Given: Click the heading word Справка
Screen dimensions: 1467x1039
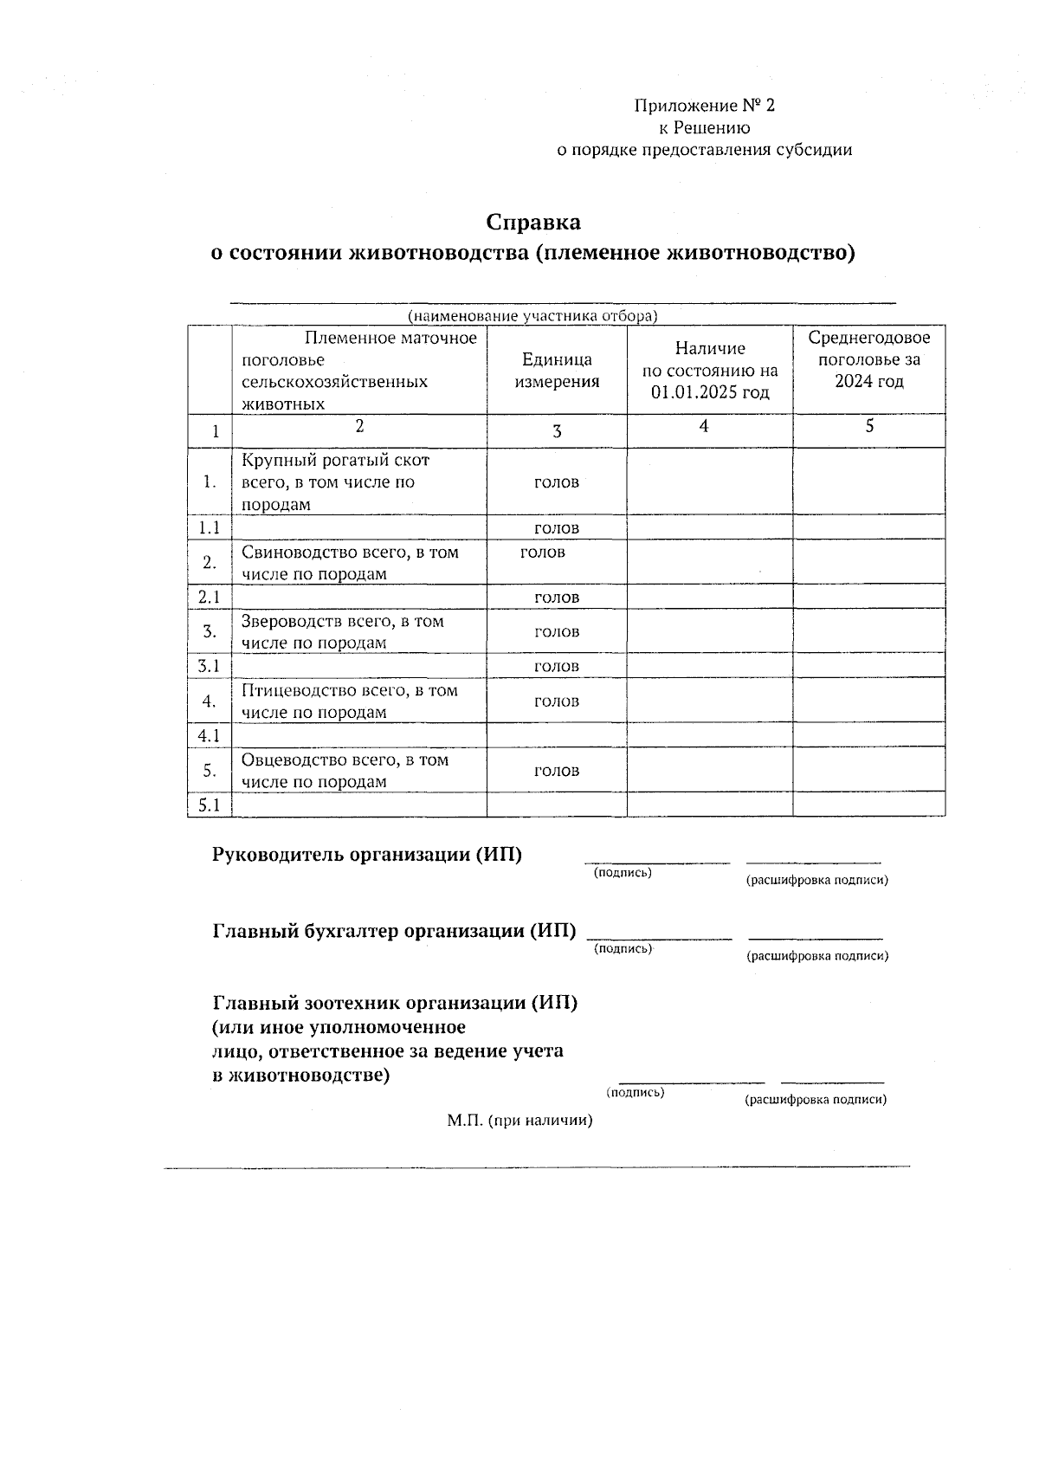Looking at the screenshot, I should (x=532, y=223).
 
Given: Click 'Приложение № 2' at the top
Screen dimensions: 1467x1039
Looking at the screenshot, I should (x=704, y=106).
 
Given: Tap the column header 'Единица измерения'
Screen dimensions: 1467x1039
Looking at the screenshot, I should (x=557, y=371).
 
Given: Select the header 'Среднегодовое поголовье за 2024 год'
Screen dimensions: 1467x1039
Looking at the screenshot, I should (x=868, y=359).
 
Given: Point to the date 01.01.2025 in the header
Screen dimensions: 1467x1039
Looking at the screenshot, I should (x=710, y=393).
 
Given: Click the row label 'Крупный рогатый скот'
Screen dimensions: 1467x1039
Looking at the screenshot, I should (x=335, y=460).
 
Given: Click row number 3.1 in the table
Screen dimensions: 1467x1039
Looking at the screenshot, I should (x=209, y=666).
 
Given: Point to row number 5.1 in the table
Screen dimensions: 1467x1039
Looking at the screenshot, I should (x=209, y=805).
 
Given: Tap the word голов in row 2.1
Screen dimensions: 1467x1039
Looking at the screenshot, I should (x=557, y=598).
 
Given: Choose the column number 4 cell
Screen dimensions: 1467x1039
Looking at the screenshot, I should (x=704, y=426).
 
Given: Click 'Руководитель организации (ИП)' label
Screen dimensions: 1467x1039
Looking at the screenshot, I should (x=367, y=855).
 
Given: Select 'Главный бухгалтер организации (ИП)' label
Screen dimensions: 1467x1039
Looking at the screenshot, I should (x=394, y=931).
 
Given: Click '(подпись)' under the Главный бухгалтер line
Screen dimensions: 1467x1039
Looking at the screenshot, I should (x=623, y=949).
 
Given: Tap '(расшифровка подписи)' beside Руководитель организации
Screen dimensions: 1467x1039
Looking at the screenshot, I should (x=816, y=881).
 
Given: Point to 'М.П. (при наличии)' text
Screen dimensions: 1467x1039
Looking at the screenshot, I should (x=519, y=1121).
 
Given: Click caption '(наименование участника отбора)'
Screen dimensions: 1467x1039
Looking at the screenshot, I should (x=532, y=316).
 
